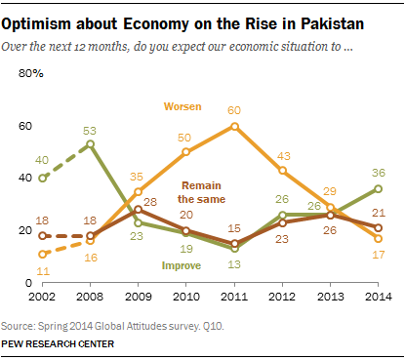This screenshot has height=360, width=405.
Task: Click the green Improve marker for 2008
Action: point(90,144)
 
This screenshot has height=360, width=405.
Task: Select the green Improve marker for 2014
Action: point(378,188)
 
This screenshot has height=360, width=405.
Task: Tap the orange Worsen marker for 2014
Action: point(378,238)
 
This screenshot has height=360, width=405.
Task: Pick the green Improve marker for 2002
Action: point(42,178)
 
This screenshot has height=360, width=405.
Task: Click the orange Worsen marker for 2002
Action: point(42,254)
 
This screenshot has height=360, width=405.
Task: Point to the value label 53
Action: point(90,129)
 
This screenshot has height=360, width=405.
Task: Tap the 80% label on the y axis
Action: point(30,74)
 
